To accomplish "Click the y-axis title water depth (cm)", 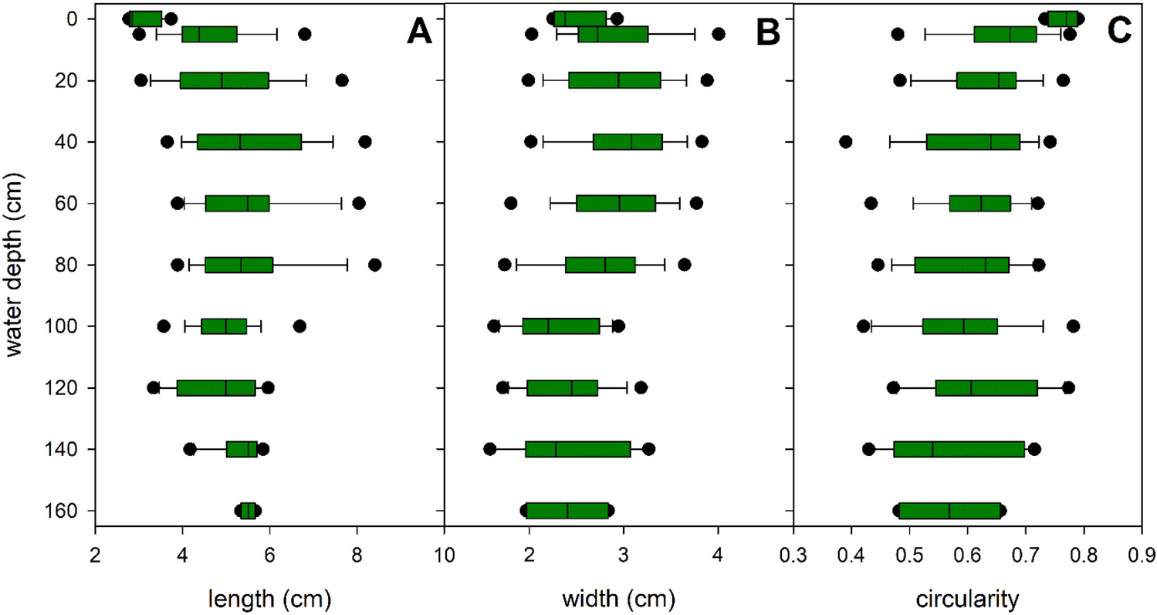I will click(16, 265).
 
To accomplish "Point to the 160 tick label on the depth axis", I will click(62, 511).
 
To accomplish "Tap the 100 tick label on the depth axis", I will click(62, 326).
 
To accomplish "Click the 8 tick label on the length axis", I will click(357, 552).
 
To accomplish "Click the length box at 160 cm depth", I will click(248, 511).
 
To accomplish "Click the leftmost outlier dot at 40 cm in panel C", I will click(845, 141).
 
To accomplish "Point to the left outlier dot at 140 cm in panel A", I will click(190, 449).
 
